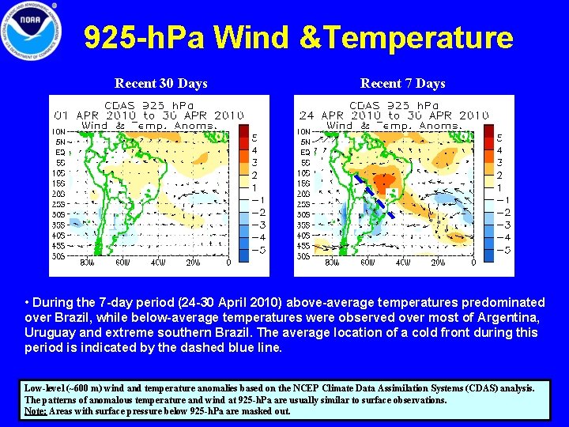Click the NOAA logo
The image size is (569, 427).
tap(32, 31)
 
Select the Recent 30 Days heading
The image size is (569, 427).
tap(161, 83)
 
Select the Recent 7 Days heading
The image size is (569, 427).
tap(402, 83)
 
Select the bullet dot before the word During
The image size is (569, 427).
tap(28, 303)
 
